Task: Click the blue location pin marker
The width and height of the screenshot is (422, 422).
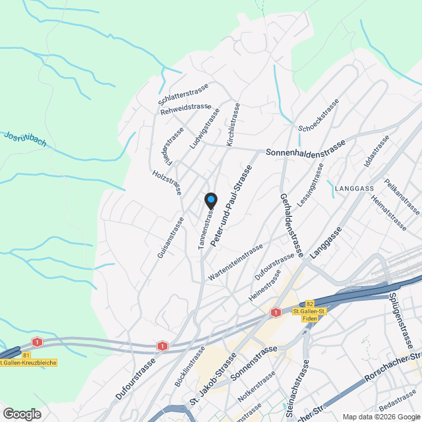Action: pyautogui.click(x=210, y=200)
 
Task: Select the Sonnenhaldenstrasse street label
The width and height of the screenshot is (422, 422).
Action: pyautogui.click(x=305, y=148)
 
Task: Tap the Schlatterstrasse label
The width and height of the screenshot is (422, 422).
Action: pyautogui.click(x=183, y=94)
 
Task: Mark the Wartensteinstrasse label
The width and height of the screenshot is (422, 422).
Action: pyautogui.click(x=231, y=262)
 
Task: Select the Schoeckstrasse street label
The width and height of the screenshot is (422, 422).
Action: pyautogui.click(x=318, y=115)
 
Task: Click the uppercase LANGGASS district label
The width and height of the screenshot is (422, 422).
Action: pyautogui.click(x=354, y=188)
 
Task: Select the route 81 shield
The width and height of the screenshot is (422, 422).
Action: pyautogui.click(x=26, y=355)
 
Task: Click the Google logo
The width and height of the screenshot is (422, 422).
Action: pyautogui.click(x=21, y=413)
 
